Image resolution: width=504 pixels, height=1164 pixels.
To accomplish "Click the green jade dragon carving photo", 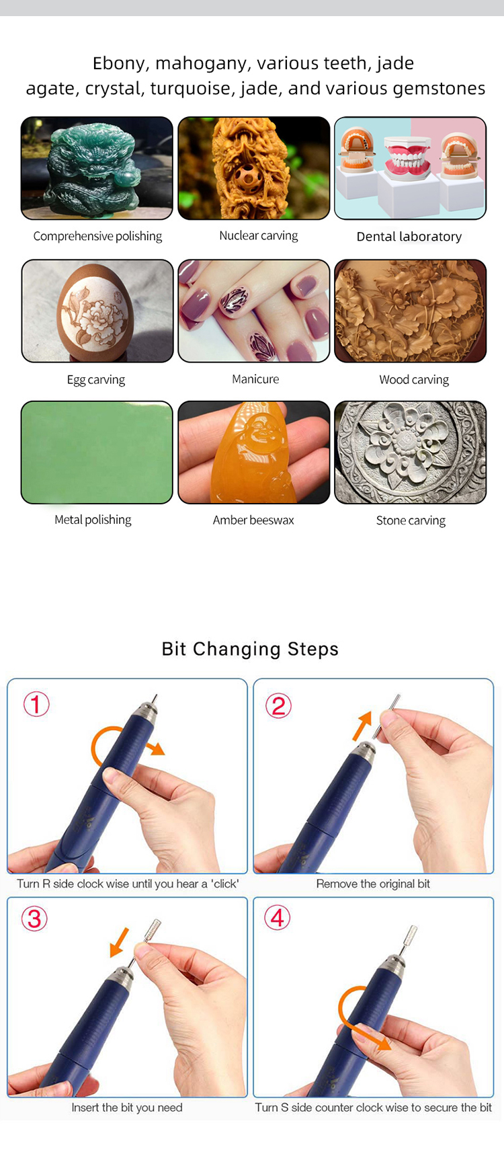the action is coord(97,168).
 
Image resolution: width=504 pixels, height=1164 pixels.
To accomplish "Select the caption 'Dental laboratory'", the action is coord(409,237).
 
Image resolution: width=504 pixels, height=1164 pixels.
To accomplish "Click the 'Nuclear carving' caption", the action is coord(259,236).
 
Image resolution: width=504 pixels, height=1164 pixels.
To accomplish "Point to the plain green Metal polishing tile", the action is coord(97,453).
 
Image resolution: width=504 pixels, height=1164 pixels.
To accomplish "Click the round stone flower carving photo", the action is coord(411,453).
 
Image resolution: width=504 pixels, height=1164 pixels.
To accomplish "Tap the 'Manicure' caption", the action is coord(255,379).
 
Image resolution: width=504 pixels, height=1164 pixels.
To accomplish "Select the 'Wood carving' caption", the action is coord(414,380).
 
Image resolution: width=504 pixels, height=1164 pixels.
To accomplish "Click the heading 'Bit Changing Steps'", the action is coord(250,649).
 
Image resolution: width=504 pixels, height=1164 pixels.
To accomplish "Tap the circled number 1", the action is coord(36,705).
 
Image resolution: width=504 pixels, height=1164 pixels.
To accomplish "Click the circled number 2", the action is coord(278,706).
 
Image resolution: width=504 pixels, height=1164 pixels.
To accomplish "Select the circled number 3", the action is coord(34,919).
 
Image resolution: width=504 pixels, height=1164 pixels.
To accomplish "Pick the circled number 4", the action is coord(278,918).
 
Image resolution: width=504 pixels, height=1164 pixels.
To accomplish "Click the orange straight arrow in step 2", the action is coord(363,726).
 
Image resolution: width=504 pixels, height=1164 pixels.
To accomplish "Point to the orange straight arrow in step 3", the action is coord(120,941).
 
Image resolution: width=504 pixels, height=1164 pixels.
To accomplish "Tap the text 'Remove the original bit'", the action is coord(373,884).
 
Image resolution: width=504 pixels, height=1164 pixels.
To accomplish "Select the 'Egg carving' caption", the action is coord(96,380).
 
